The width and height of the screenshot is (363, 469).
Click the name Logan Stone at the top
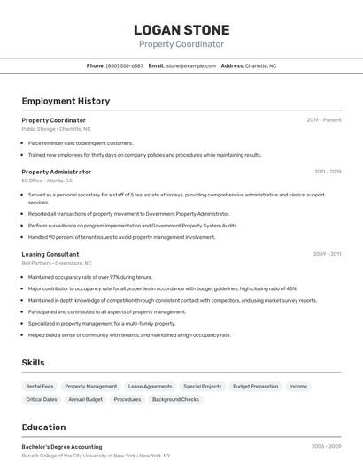[181, 30]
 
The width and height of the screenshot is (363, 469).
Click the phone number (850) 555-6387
[124, 65]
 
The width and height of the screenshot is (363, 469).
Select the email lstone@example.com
[190, 65]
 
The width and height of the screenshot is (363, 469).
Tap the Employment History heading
[66, 101]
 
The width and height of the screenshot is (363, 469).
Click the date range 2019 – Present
[324, 119]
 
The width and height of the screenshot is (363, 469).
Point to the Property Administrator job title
[57, 172]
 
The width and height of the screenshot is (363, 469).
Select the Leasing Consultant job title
[50, 254]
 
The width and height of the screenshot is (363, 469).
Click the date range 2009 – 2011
[327, 254]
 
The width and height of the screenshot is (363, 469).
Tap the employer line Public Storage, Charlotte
[56, 129]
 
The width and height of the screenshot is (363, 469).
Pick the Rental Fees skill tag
[40, 386]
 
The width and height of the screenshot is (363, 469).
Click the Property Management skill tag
[91, 386]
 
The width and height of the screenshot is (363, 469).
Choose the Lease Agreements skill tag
[150, 386]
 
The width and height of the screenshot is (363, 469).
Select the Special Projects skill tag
[203, 386]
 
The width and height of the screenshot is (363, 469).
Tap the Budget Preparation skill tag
[255, 386]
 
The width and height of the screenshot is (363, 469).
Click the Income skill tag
[298, 386]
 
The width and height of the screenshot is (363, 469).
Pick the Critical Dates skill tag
[42, 399]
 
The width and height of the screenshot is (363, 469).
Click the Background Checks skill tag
[175, 399]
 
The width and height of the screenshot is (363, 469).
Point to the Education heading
[43, 427]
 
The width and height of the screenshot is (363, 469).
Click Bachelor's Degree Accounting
[62, 447]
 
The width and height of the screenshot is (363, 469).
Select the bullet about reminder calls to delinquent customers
[81, 142]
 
